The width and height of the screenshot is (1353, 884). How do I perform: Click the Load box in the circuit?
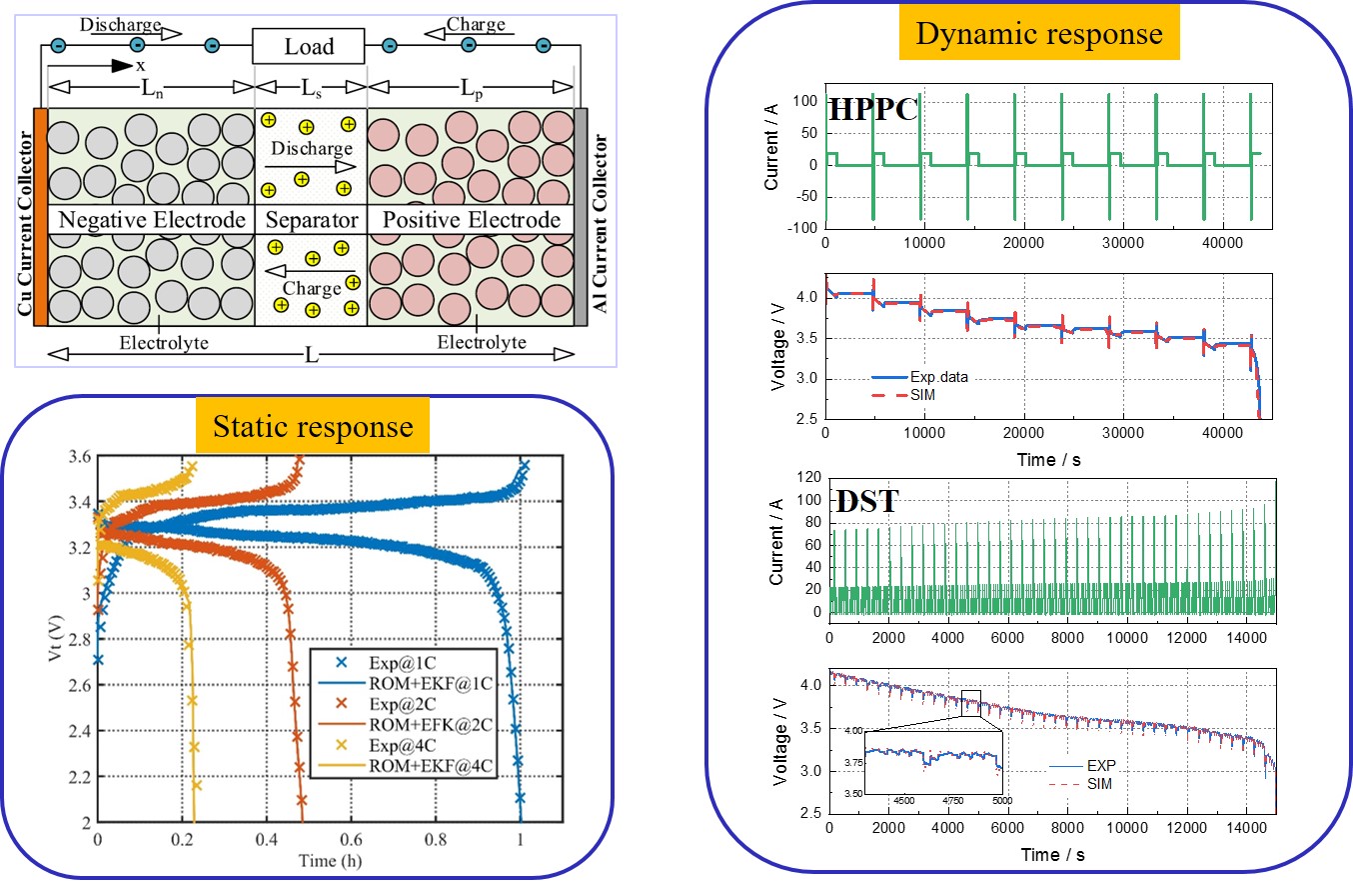pos(310,47)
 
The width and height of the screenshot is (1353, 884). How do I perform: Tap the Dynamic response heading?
pos(1039,35)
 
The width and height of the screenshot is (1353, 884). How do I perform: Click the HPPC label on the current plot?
pos(874,110)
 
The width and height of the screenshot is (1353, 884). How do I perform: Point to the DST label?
pos(866,501)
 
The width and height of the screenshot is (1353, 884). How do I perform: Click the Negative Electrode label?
pos(152,219)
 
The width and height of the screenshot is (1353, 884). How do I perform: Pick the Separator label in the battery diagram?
pos(311,219)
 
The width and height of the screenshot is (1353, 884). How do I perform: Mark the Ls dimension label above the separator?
pos(311,88)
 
